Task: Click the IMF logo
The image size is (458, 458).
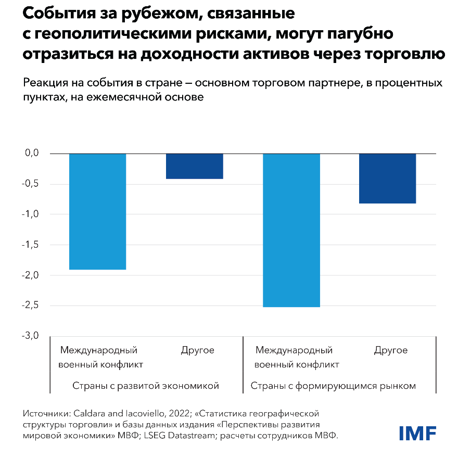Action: pos(417,433)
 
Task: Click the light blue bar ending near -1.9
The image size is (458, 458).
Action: pos(97,211)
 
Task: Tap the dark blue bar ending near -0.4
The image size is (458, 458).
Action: pos(194,166)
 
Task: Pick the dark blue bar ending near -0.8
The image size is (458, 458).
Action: pos(388,179)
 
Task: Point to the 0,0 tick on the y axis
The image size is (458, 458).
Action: pos(32,153)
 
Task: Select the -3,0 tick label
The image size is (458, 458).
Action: pos(31,336)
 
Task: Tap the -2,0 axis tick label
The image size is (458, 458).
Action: pos(31,275)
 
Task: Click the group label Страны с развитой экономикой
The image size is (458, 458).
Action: pos(146,386)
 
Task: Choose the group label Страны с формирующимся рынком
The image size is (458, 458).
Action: pos(334,386)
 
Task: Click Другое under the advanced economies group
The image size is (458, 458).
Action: pos(198,350)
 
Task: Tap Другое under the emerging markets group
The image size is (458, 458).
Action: pos(391,350)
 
